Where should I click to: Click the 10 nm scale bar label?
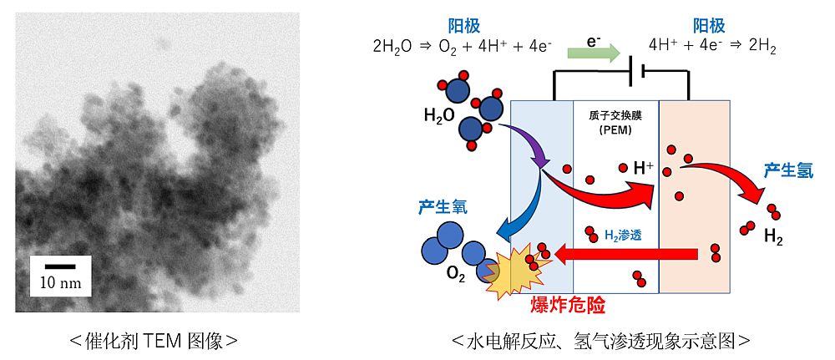tap(61, 283)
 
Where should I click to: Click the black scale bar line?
tap(60, 266)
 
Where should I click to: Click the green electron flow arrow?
tap(594, 53)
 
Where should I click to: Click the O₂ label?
tap(457, 276)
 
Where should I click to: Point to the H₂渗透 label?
tap(623, 236)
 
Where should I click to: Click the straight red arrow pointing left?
tap(626, 255)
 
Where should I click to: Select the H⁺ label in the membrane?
tap(643, 169)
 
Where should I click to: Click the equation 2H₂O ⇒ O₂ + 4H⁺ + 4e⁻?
tap(463, 46)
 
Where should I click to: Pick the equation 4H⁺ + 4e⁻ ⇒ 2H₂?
tap(712, 46)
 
